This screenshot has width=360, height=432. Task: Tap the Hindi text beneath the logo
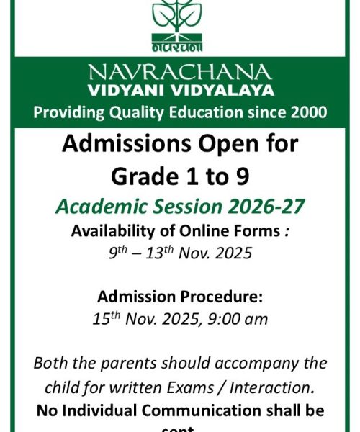click(x=178, y=46)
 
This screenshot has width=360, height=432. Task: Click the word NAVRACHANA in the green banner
click(x=179, y=72)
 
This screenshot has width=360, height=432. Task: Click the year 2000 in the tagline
click(x=308, y=112)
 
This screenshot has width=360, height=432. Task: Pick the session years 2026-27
click(x=263, y=207)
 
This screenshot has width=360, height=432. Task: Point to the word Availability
click(x=114, y=232)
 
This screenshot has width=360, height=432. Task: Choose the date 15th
click(x=107, y=318)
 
